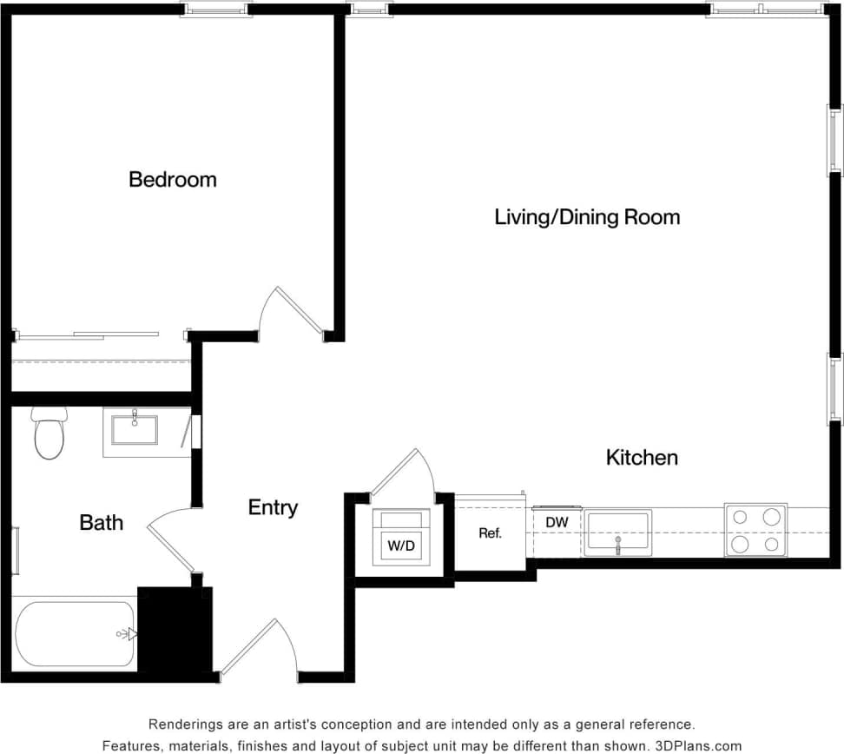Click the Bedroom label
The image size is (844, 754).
tap(172, 180)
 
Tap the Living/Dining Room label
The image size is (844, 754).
tap(587, 216)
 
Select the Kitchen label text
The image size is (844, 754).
tap(642, 457)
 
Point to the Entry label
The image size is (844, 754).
tap(273, 507)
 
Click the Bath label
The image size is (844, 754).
tap(101, 522)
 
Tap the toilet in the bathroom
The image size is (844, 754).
tap(49, 435)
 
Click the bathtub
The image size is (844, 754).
tap(74, 634)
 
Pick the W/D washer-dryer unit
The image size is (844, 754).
tap(400, 537)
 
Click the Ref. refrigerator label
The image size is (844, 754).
tap(490, 533)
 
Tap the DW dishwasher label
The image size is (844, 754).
tap(557, 522)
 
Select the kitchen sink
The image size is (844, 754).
tap(617, 532)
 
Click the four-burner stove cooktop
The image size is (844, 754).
tap(755, 530)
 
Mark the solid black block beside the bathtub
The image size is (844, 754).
tap(174, 629)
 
